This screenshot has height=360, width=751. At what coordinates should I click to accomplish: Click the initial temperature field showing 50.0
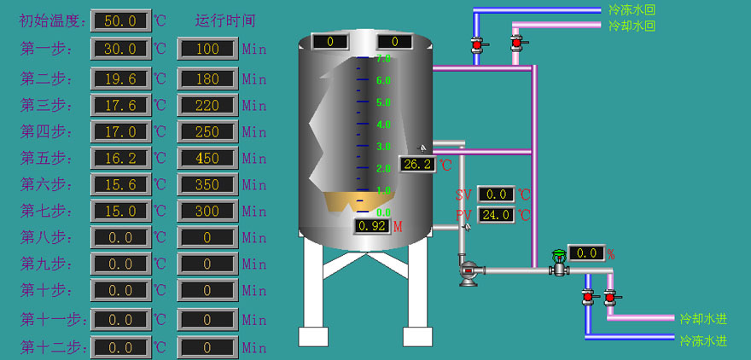tap(120, 20)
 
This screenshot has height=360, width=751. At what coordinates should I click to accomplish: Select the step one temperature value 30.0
tap(120, 49)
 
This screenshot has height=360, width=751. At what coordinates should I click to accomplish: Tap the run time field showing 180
tap(207, 78)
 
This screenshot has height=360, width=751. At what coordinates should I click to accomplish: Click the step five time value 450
tap(207, 158)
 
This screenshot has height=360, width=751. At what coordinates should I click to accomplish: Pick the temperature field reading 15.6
tap(120, 184)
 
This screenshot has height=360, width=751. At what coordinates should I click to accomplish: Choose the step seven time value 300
tap(207, 211)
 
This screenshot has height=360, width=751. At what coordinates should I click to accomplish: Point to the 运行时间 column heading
tap(225, 20)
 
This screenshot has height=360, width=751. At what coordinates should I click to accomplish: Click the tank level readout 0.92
tap(372, 226)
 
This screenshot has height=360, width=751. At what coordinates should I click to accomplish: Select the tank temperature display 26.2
tap(417, 164)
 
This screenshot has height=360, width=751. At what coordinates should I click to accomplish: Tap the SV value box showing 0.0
tap(496, 195)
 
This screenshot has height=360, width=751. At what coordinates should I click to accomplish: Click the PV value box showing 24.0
tap(496, 215)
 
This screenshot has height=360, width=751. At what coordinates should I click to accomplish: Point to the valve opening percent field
tap(585, 253)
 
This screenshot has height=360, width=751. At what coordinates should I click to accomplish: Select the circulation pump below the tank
tap(469, 271)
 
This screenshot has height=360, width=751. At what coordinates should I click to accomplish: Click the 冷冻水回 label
tap(632, 10)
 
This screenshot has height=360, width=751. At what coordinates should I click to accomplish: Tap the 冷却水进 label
tap(703, 319)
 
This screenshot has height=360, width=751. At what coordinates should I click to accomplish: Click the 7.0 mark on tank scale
tap(383, 58)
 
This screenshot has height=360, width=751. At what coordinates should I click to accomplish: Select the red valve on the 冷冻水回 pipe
tap(477, 44)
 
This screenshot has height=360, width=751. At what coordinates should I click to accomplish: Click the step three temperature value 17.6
tap(120, 105)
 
